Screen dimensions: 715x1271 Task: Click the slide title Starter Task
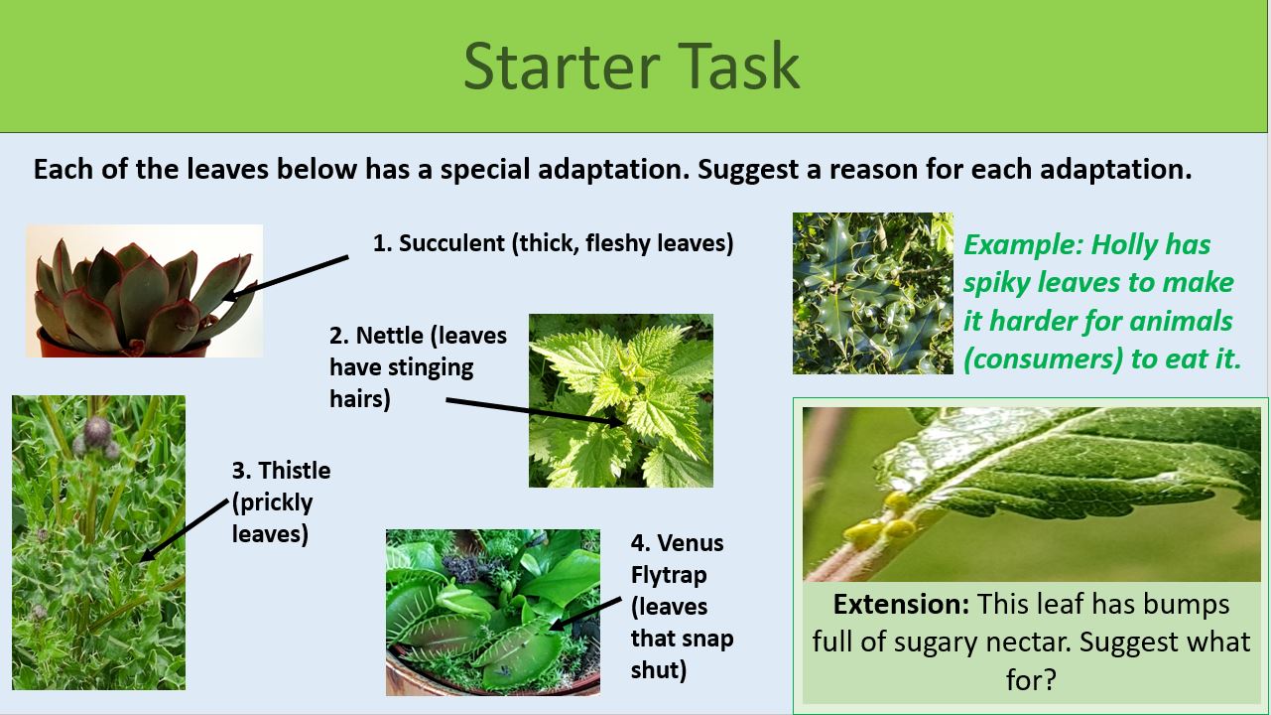[631, 66]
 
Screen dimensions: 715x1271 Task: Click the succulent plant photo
[144, 290]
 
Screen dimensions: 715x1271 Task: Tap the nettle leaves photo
[620, 400]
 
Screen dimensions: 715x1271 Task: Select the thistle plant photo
[98, 542]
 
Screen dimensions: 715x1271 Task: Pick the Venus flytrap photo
[492, 612]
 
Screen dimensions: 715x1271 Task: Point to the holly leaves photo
[872, 293]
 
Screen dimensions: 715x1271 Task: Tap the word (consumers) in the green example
[1043, 358]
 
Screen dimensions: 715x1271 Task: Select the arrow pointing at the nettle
[536, 412]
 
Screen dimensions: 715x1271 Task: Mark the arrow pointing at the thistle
[185, 528]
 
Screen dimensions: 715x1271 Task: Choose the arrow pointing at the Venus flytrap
[586, 613]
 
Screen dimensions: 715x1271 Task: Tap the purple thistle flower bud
[97, 431]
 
